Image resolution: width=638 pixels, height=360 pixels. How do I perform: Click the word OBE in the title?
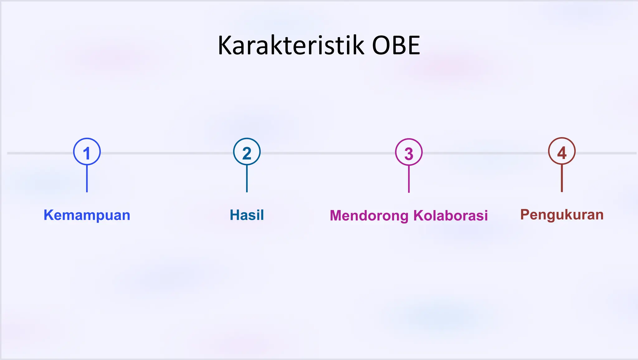click(x=396, y=46)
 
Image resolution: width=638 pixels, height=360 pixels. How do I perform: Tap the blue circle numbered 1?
click(x=87, y=152)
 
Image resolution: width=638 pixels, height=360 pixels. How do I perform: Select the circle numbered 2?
click(x=247, y=152)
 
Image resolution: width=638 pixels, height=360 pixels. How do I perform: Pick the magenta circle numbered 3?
click(x=409, y=152)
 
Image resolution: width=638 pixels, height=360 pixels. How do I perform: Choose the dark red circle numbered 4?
click(x=562, y=151)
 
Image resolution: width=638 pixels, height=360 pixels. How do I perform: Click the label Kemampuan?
click(x=87, y=215)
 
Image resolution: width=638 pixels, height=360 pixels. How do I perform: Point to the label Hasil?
click(x=247, y=215)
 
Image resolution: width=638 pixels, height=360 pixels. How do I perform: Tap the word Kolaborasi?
click(x=450, y=216)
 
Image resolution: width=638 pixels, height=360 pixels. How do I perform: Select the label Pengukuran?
click(x=562, y=215)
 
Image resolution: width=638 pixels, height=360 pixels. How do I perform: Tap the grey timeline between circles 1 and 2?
click(x=167, y=153)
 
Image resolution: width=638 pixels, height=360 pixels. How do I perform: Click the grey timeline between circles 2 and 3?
click(x=327, y=153)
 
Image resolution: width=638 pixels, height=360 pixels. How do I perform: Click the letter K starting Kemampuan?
click(x=48, y=215)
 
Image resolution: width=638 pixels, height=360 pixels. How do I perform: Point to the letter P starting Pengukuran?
click(x=525, y=214)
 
